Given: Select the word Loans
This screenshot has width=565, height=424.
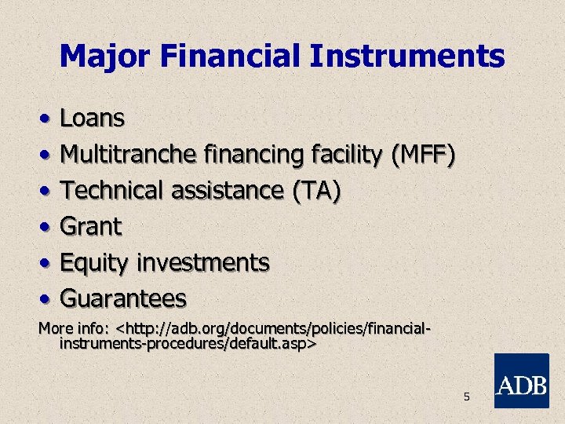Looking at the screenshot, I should coord(93,119).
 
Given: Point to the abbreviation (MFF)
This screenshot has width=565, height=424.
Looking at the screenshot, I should coord(423,155).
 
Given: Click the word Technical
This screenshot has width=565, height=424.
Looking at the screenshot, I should coord(112,191).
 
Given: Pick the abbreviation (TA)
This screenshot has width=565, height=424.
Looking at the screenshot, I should coord(315,191).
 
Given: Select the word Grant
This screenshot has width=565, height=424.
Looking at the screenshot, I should coord(91,227).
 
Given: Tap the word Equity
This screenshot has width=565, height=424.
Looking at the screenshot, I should coord(93,263).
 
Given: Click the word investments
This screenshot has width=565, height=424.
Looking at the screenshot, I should coord(203,262).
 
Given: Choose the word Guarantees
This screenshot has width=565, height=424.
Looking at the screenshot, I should coord(123,298).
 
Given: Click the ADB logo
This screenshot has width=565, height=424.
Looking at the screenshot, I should coord(522,381).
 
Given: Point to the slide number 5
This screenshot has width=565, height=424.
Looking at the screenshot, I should coord(466,397).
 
